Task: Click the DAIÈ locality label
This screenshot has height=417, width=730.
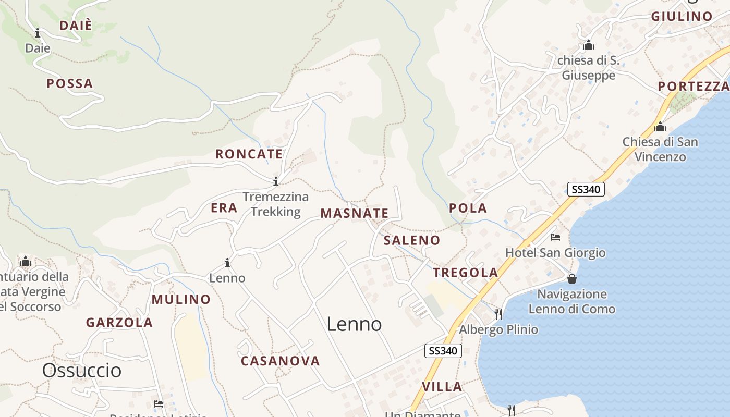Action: (x=76, y=25)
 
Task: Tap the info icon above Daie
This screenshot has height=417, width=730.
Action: (x=38, y=34)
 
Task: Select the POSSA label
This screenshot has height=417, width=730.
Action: (x=69, y=83)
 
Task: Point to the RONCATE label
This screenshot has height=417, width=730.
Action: (x=249, y=154)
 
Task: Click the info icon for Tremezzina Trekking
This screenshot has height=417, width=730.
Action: (x=275, y=182)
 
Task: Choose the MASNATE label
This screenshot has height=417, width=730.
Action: (x=354, y=213)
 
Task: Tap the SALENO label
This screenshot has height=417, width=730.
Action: (x=411, y=240)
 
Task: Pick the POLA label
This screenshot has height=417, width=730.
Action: (x=468, y=208)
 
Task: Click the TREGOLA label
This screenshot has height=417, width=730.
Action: (x=465, y=273)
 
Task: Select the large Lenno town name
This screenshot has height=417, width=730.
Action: (x=354, y=324)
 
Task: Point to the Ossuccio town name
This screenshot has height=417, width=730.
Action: (x=81, y=371)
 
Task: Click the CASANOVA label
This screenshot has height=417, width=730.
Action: (x=280, y=361)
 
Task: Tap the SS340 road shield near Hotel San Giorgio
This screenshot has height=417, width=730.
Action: (x=586, y=189)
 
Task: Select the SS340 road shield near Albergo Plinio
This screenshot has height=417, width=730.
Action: (x=443, y=351)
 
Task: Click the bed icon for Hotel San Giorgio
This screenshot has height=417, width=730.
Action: (x=555, y=237)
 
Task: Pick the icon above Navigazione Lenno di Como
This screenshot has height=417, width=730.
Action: (x=571, y=279)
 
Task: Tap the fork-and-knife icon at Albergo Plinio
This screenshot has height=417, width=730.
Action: (x=498, y=314)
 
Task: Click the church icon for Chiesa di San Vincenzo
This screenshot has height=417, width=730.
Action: (x=660, y=127)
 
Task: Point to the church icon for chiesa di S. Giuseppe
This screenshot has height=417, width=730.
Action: (x=589, y=45)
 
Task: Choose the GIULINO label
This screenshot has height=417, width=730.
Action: (x=682, y=17)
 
